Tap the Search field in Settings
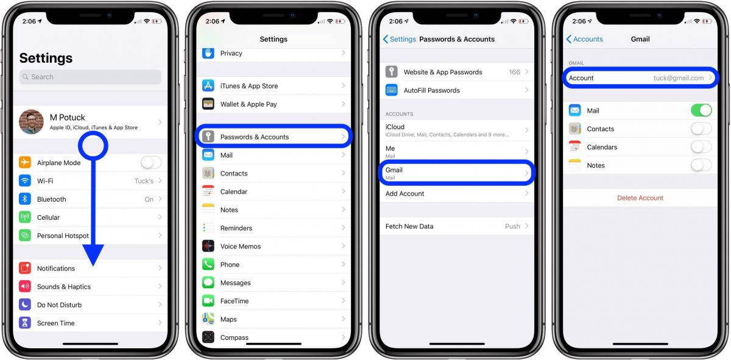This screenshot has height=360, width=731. click(x=90, y=77)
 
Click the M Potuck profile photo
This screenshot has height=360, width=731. click(x=32, y=122)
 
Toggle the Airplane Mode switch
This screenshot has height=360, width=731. click(x=151, y=163)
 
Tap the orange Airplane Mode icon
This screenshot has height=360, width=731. click(x=25, y=163)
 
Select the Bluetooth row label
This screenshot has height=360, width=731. click(x=52, y=199)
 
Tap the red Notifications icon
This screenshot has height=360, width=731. click(x=25, y=268)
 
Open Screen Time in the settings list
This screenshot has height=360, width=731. click(x=56, y=323)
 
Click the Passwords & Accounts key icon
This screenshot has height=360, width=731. click(x=208, y=136)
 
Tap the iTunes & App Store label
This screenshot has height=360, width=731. click(x=249, y=86)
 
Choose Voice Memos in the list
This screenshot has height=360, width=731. click(x=241, y=246)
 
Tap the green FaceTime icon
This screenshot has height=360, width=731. click(x=208, y=301)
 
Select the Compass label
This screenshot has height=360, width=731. click(x=235, y=337)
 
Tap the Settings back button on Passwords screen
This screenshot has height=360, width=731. click(x=400, y=39)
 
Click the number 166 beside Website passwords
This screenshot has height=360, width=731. click(x=515, y=72)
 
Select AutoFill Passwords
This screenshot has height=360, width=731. click(x=432, y=90)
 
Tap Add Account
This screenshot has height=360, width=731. click(x=405, y=194)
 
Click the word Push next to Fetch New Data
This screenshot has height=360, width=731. click(x=512, y=226)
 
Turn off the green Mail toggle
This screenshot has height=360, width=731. click(x=701, y=110)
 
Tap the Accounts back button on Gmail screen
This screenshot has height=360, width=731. click(x=584, y=39)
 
